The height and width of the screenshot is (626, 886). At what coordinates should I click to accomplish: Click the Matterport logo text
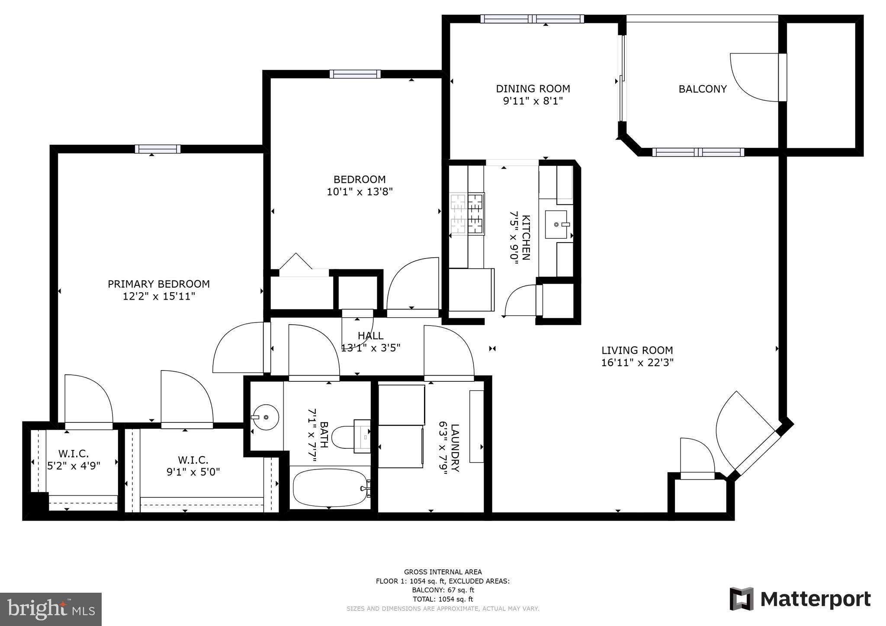(815, 600)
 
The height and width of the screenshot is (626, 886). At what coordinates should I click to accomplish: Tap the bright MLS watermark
(51, 609)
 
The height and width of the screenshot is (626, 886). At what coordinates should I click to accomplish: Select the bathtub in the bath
(331, 488)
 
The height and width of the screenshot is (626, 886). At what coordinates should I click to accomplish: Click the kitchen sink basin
(556, 224)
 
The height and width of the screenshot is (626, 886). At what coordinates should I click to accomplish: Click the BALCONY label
(702, 89)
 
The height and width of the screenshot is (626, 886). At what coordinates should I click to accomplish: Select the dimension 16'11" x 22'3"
(637, 362)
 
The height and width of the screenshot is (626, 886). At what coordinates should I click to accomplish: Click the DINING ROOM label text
(533, 89)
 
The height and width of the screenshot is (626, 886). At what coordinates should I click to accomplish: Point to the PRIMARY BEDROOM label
(158, 284)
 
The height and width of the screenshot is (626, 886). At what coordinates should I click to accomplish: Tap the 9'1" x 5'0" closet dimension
(193, 472)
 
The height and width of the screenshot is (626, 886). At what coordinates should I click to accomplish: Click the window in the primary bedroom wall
(157, 149)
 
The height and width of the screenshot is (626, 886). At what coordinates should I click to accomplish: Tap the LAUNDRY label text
(454, 448)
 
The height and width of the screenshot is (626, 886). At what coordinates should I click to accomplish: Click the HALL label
(370, 335)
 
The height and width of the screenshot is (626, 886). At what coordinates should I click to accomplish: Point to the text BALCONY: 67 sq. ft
(443, 590)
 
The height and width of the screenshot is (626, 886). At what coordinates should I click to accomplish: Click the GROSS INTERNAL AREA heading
(443, 572)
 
